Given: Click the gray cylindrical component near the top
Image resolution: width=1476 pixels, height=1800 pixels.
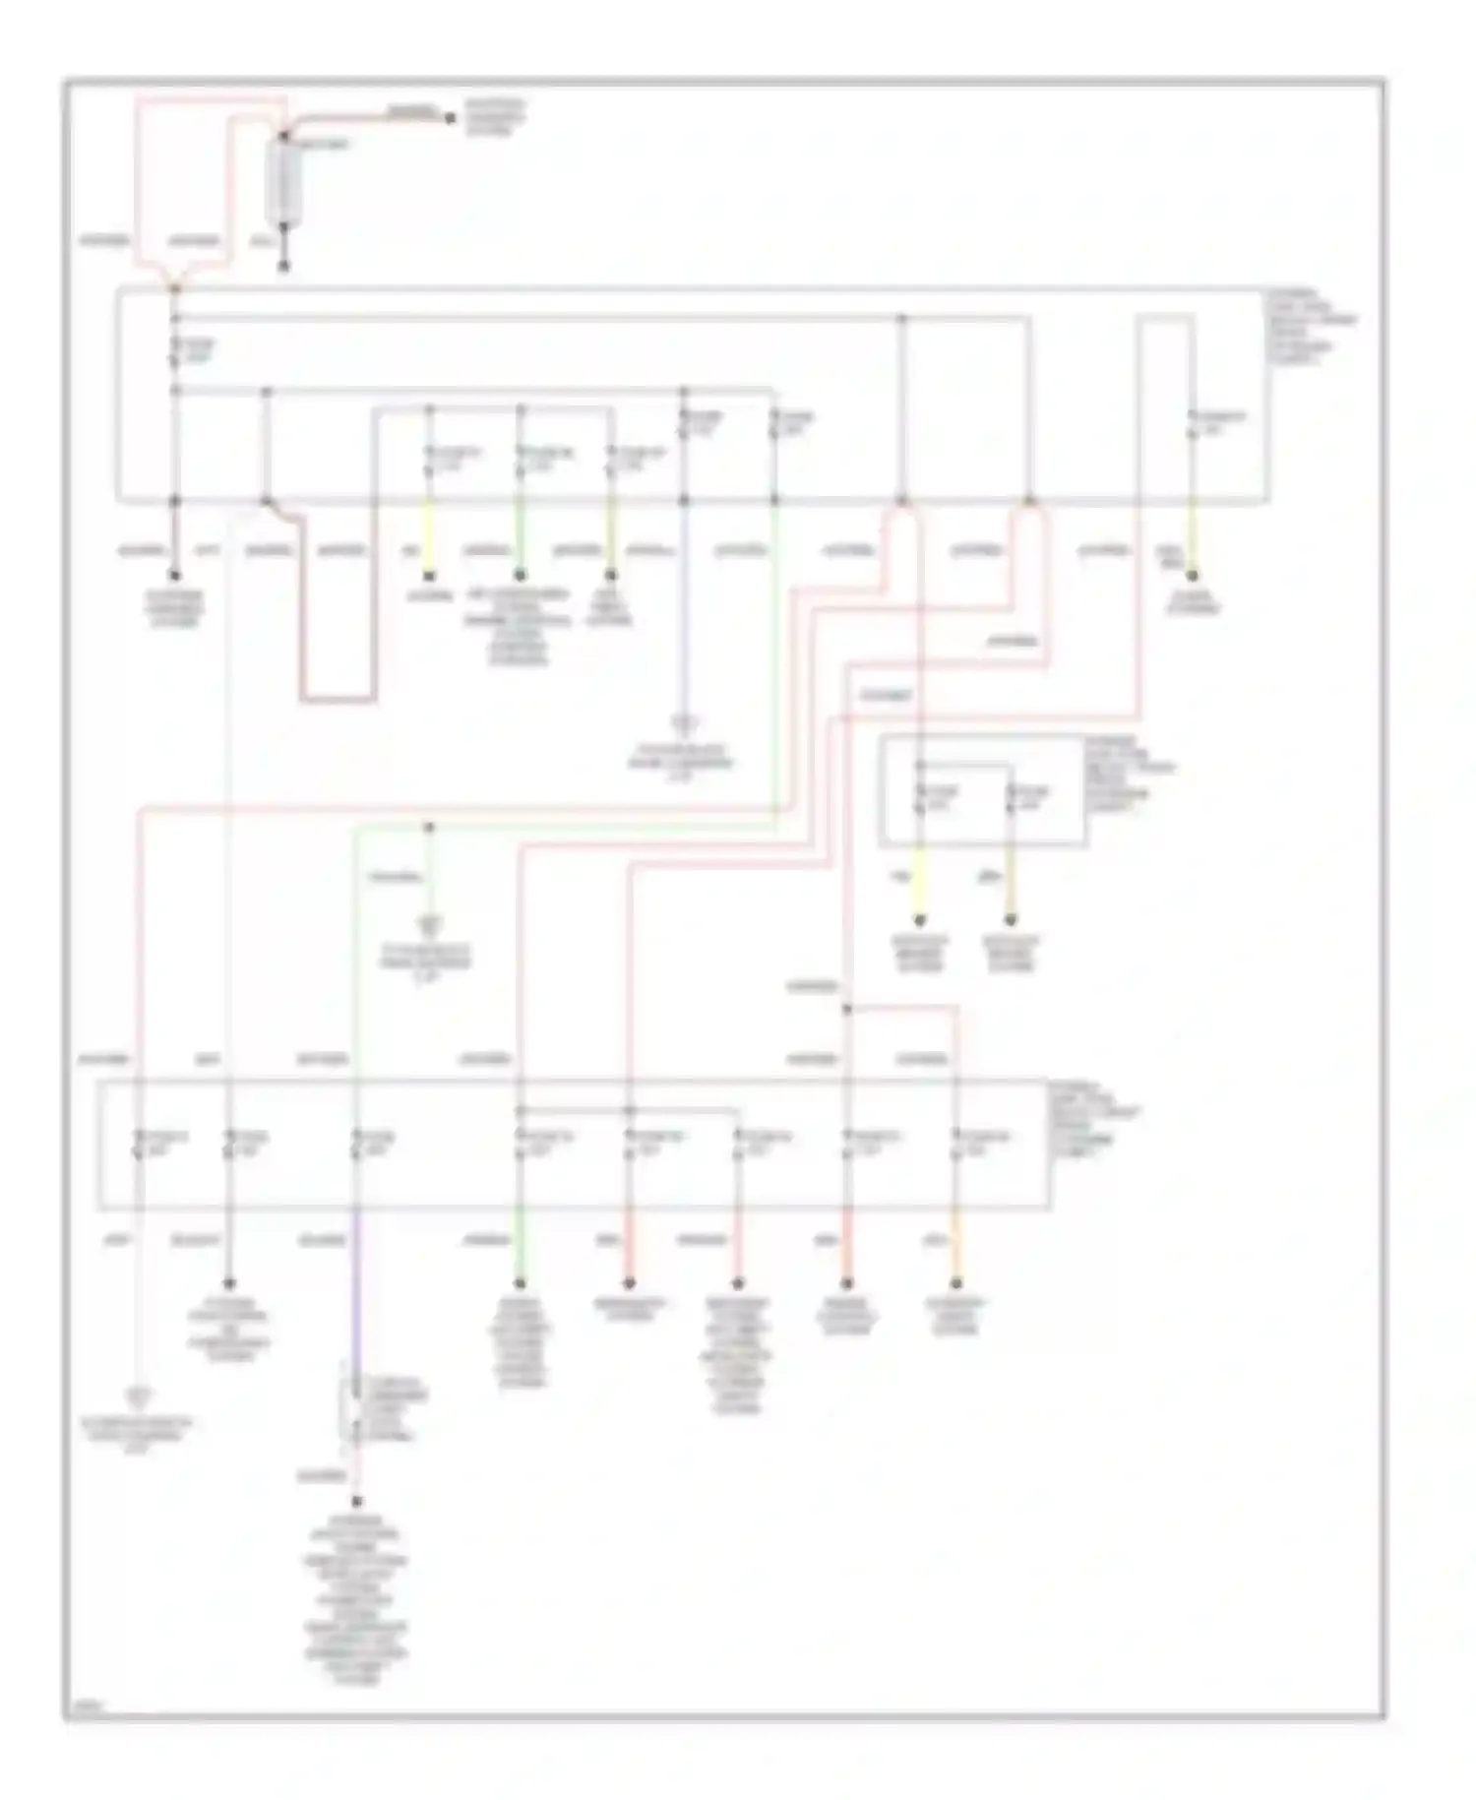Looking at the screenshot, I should click(284, 181).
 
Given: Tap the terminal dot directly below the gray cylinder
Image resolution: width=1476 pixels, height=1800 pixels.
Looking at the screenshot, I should click(284, 267).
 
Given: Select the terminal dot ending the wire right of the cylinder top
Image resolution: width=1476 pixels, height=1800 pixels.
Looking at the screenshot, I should click(450, 119).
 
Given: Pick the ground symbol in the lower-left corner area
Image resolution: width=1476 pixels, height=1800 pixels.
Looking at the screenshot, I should click(139, 1396).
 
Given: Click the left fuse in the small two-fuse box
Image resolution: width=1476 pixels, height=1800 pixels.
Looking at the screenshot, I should click(919, 798).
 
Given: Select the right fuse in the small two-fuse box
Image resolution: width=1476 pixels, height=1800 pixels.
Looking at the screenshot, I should click(1011, 798).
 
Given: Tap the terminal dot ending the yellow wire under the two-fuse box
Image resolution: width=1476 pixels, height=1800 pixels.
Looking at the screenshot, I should click(919, 921).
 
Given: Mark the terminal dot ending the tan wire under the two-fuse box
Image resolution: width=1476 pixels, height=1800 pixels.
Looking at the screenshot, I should click(1011, 921).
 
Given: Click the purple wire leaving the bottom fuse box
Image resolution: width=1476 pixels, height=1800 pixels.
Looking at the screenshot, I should click(356, 1279).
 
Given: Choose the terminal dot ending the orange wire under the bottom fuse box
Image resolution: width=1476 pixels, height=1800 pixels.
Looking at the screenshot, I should click(955, 1283).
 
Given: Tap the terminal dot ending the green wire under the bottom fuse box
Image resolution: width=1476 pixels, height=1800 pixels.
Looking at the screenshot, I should click(521, 1283).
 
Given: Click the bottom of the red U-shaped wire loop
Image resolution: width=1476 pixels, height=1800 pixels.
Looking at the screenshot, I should click(338, 701).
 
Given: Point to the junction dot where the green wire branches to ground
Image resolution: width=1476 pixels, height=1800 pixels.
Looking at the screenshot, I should click(429, 826).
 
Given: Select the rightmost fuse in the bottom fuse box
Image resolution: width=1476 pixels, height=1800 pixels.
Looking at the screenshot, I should click(955, 1144).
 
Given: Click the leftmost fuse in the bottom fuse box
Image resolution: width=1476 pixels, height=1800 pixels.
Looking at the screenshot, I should click(139, 1144).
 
